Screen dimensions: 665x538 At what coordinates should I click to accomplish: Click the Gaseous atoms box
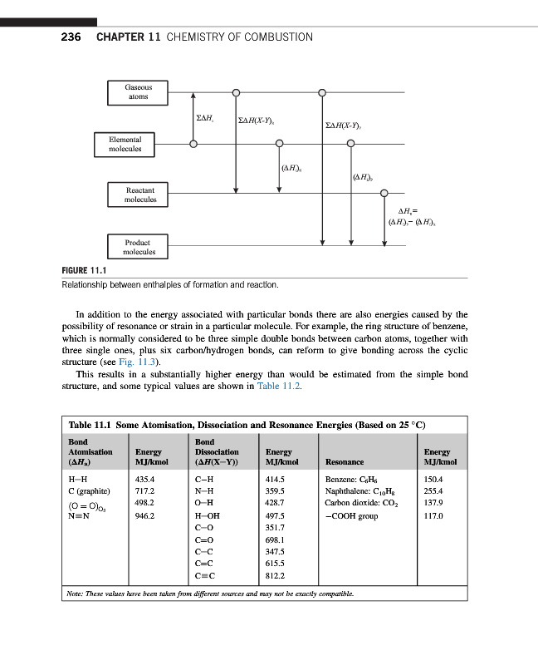(x=138, y=91)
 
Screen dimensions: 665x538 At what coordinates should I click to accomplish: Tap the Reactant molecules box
(x=139, y=195)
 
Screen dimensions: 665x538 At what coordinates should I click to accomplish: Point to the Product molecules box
(x=139, y=247)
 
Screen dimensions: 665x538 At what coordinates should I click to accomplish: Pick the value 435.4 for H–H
(x=146, y=479)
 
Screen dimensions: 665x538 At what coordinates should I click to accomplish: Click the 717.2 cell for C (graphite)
(x=146, y=490)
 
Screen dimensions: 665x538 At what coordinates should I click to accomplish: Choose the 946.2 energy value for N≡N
(x=146, y=515)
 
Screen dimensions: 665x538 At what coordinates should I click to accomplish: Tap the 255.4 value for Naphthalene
(x=435, y=490)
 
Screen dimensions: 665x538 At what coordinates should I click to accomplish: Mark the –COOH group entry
(x=352, y=515)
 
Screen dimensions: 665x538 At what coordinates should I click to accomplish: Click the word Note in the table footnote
(x=75, y=594)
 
